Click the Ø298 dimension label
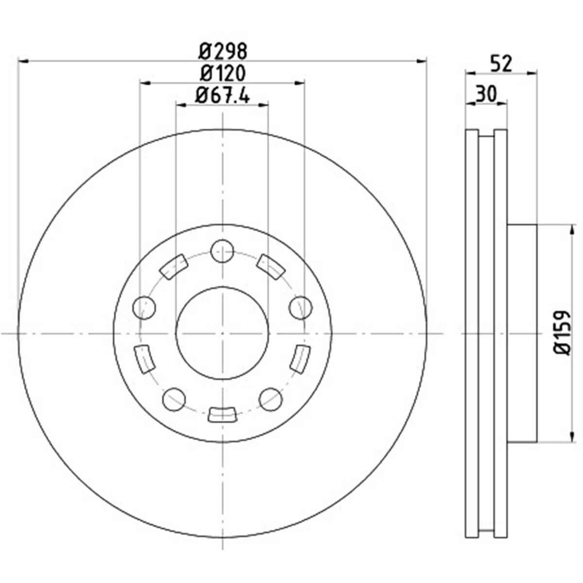[x=223, y=51]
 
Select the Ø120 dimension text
[x=223, y=73]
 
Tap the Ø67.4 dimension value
[x=223, y=95]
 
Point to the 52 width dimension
[x=501, y=64]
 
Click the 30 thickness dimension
[x=486, y=94]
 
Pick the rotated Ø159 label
[x=562, y=332]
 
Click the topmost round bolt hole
[x=223, y=251]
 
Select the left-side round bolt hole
[x=144, y=308]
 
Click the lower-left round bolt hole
[x=173, y=399]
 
